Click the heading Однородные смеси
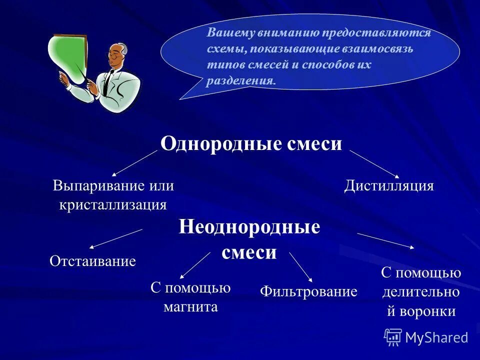click(x=251, y=144)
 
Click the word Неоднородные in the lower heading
click(x=249, y=227)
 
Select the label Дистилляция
click(x=389, y=186)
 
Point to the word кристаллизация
click(x=113, y=204)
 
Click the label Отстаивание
click(x=93, y=261)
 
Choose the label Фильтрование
click(x=309, y=291)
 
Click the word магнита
click(x=190, y=306)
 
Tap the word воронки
click(x=428, y=311)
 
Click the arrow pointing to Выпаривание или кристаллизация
click(x=134, y=163)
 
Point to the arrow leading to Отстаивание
click(x=115, y=238)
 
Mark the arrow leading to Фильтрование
click(x=300, y=267)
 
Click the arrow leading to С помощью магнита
click(x=195, y=265)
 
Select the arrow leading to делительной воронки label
click(x=385, y=240)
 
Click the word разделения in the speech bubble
click(x=240, y=81)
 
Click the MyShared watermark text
click(x=436, y=337)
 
